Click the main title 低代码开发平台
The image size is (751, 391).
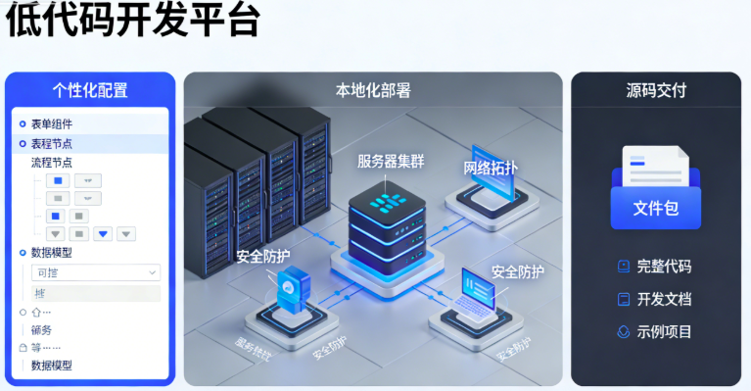click(132, 22)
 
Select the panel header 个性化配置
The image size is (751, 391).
click(90, 91)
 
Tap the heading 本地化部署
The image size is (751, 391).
click(373, 91)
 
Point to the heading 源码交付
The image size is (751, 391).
click(656, 91)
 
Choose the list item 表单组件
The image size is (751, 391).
click(52, 124)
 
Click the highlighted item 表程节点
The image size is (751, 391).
click(52, 143)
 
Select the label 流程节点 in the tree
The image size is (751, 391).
click(52, 163)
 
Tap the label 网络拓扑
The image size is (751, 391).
click(491, 168)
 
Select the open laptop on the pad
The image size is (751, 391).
click(483, 296)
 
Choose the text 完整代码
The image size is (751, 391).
click(664, 267)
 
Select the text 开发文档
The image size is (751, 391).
click(664, 299)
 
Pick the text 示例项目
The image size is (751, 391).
click(664, 332)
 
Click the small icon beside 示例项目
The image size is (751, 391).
click(624, 332)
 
